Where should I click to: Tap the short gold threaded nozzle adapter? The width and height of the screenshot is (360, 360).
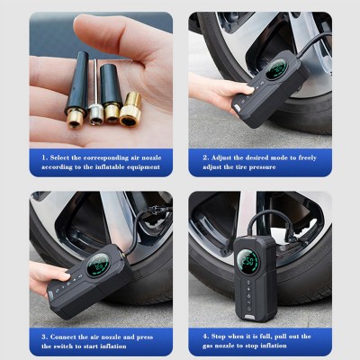click(x=130, y=109)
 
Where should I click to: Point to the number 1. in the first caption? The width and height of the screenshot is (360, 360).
click(x=45, y=157)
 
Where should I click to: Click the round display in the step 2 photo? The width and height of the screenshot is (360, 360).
click(x=276, y=69)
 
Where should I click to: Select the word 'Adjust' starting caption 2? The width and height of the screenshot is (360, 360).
click(x=221, y=157)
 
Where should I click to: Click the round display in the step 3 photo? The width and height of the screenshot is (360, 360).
click(x=98, y=265)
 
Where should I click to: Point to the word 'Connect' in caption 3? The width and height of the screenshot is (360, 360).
click(x=63, y=337)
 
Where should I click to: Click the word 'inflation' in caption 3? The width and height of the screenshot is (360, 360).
click(x=113, y=346)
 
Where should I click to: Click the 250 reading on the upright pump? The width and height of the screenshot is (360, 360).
click(x=247, y=260)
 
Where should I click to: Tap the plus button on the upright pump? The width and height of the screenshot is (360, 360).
click(x=248, y=289)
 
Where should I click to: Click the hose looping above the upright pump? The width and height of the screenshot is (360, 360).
click(x=270, y=212)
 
